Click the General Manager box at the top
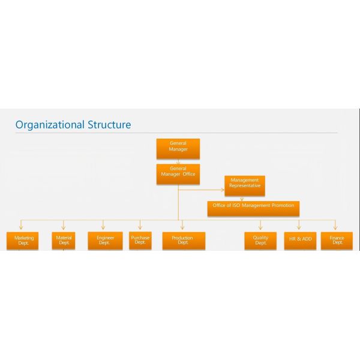pos(178,149)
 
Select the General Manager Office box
pos(178,174)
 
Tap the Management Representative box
pos(245,186)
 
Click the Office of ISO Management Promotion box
pos(253,208)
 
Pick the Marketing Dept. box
pos(23,241)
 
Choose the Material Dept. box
pos(64,241)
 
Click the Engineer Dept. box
pos(105,241)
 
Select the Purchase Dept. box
pos(140,241)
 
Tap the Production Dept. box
pos(184,241)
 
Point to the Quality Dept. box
pos(260,241)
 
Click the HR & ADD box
pos(300,241)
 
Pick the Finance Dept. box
pos(337,241)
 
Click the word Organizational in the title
pos(50,125)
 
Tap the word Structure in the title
pos(110,125)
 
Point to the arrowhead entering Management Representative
pos(223,190)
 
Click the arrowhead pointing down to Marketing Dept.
pos(21,227)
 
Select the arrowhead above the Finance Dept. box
pos(335,227)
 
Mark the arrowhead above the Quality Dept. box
pos(260,227)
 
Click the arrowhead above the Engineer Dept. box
pos(103,227)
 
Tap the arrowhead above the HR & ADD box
pos(299,227)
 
